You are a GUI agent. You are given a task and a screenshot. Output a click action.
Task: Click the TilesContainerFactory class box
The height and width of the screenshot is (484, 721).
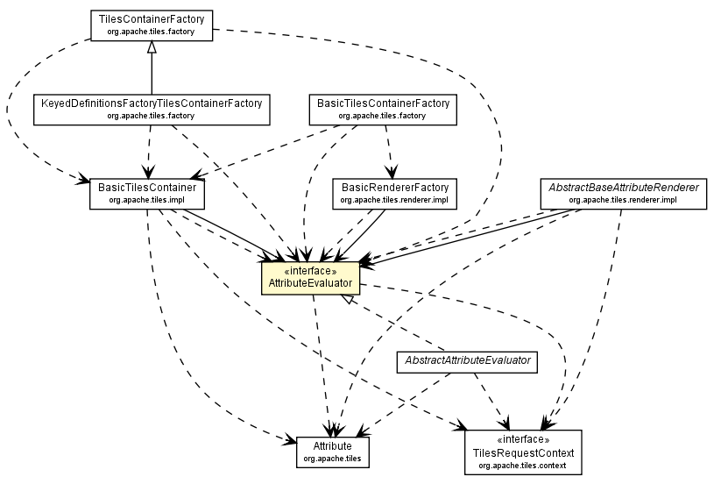pos(152,24)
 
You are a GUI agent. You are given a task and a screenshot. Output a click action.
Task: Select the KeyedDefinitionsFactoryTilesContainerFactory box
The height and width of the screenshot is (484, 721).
pos(152,109)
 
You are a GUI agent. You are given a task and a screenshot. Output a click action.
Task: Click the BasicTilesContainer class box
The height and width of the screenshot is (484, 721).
pos(147,193)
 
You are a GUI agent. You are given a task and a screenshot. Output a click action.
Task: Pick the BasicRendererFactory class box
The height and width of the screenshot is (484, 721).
pos(394,193)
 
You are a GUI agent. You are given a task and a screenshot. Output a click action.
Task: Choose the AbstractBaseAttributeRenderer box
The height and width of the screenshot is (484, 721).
pos(623,193)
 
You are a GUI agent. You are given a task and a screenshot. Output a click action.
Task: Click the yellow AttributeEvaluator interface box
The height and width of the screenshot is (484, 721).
pos(310,277)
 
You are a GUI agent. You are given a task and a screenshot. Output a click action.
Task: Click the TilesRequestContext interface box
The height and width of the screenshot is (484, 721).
pos(523,452)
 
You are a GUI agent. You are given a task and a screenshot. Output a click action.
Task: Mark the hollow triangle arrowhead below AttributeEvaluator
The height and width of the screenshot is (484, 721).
pos(348,299)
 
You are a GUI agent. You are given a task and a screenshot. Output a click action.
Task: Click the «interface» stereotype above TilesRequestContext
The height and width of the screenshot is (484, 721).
pos(523,438)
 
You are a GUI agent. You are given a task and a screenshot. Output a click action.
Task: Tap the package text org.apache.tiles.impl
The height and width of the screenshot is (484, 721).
pos(147,200)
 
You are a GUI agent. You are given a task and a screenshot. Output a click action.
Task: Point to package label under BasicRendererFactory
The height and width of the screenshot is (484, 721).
pos(394,200)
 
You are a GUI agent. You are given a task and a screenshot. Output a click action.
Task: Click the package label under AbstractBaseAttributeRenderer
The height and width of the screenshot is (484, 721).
pos(623,200)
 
